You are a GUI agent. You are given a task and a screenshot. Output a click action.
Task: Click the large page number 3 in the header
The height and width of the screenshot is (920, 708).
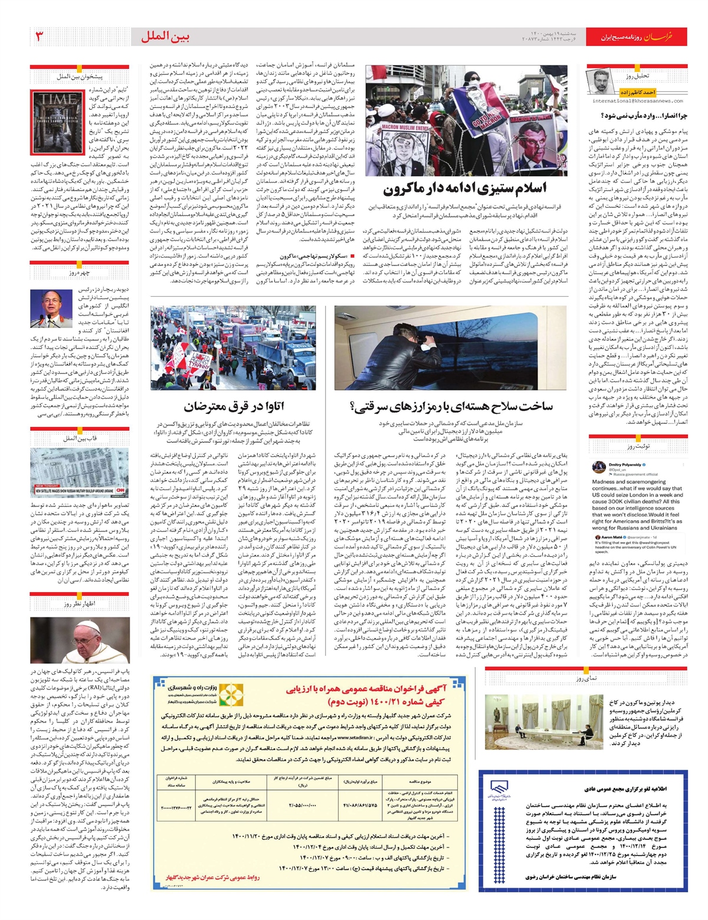click(x=39, y=37)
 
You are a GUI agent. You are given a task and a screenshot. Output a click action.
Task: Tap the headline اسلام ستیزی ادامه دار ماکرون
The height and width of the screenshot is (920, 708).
click(x=464, y=189)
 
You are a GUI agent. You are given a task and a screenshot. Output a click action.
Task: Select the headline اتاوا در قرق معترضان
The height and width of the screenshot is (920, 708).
click(x=233, y=406)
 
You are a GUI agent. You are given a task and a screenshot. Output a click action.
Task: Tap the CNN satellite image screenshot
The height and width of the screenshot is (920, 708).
click(x=80, y=472)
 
